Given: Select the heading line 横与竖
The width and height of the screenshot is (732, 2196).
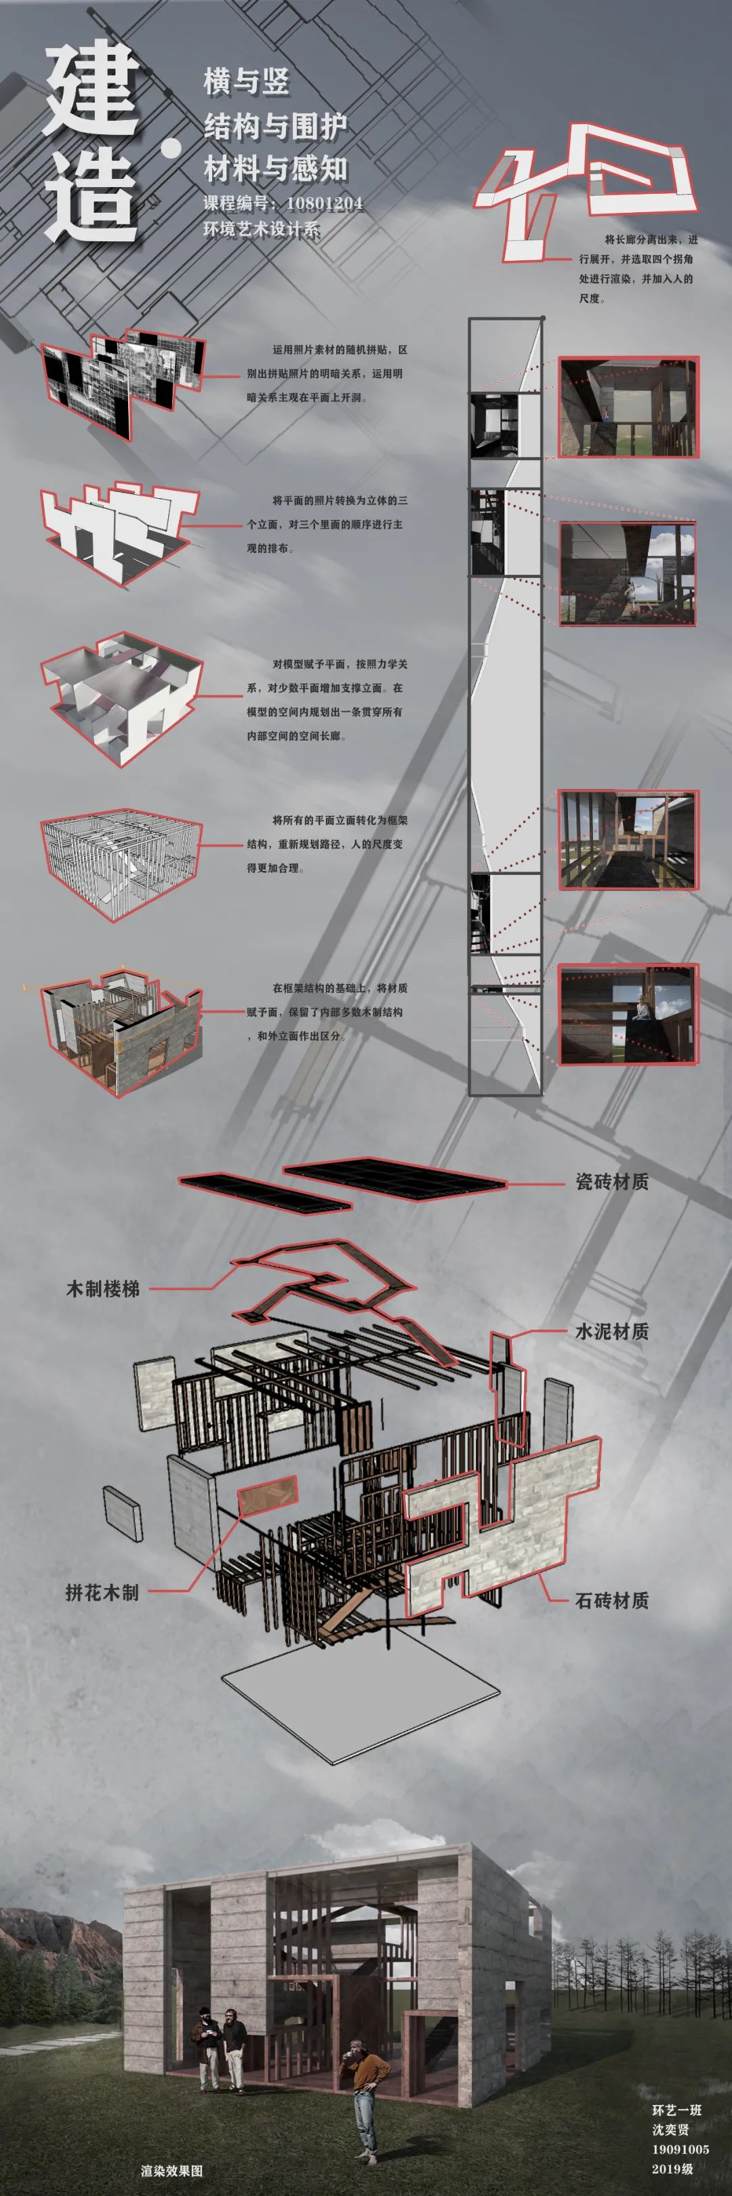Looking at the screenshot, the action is (246, 82).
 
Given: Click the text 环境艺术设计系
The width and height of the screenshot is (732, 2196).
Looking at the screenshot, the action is (261, 228).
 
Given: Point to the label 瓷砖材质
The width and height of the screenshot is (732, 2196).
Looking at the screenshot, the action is (612, 1181).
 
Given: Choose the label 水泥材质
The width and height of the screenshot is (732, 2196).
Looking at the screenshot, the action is (612, 1330).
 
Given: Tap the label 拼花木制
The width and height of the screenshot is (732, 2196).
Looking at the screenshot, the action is (102, 1591).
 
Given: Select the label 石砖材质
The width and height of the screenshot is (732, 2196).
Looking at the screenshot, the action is (612, 1600).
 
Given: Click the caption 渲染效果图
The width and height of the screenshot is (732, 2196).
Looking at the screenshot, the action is (172, 2170).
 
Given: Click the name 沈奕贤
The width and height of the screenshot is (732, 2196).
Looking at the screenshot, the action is (670, 2130).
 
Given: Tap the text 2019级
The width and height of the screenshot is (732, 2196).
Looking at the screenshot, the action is (672, 2169).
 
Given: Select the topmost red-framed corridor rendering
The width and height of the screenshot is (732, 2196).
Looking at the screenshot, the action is (628, 407).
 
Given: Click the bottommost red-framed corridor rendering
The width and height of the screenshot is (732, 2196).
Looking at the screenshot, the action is (628, 1015).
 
